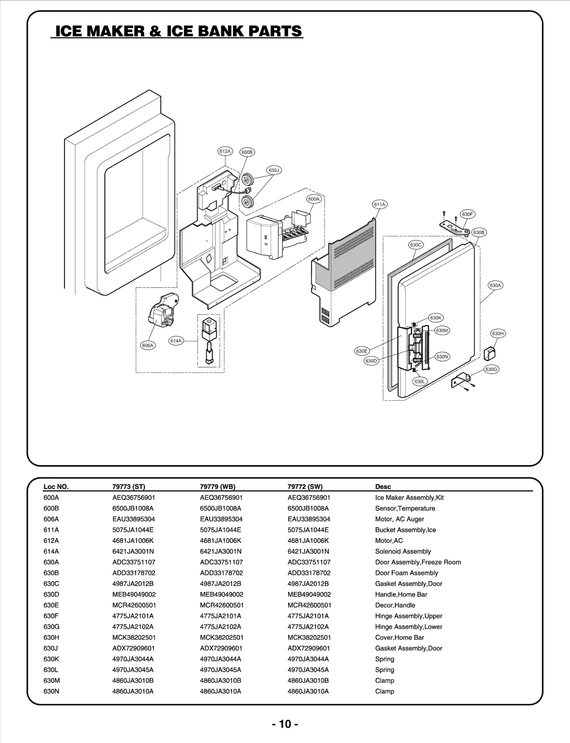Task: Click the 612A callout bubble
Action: [x=225, y=151]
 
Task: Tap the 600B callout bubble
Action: [x=247, y=152]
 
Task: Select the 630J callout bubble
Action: [x=274, y=170]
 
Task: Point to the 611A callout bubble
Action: [x=379, y=204]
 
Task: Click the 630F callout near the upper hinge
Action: [x=467, y=214]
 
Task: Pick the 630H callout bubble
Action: [x=498, y=333]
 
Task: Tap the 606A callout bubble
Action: [x=147, y=345]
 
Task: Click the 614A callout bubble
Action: [x=176, y=340]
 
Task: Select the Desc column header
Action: [x=383, y=487]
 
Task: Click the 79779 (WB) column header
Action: [x=217, y=487]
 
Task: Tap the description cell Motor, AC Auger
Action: [x=399, y=519]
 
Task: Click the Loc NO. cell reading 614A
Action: [x=51, y=551]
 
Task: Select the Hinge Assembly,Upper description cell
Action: [x=408, y=616]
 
